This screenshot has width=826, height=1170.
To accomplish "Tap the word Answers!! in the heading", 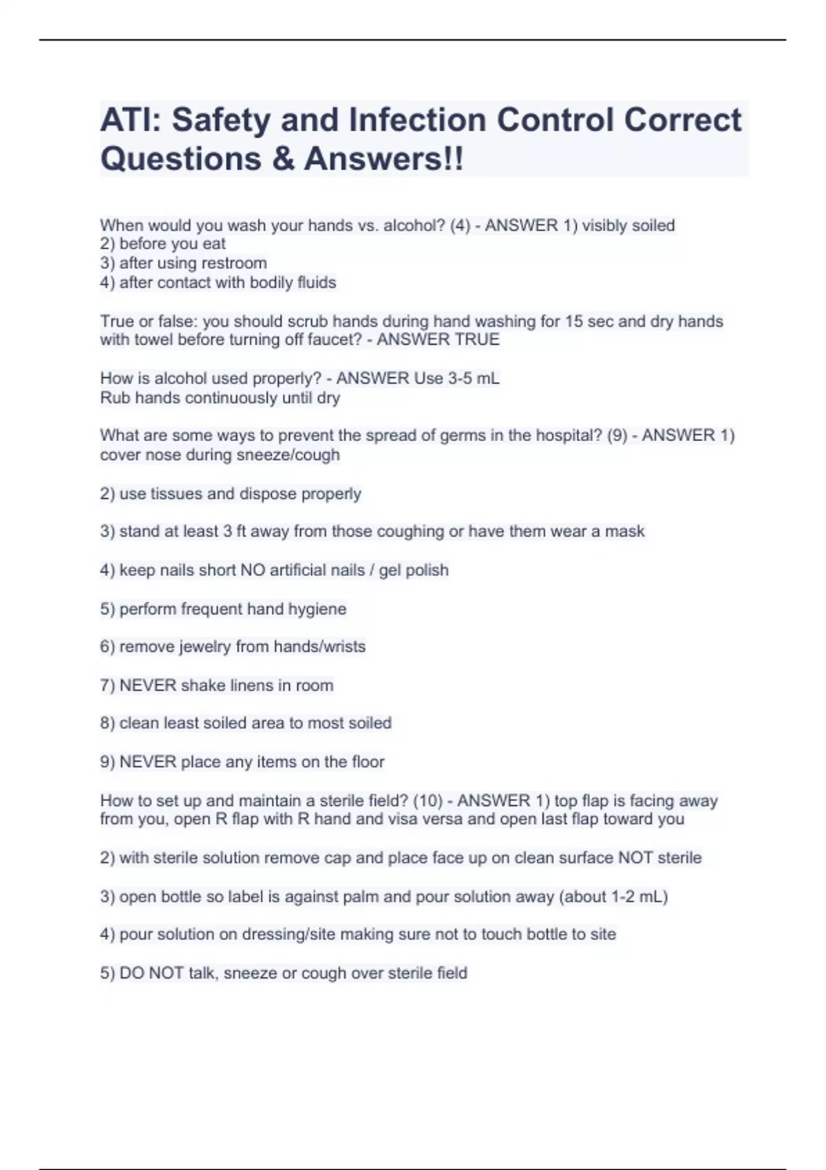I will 384,159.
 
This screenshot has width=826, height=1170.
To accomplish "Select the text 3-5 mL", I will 474,379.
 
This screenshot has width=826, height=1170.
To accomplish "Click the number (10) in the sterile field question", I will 427,800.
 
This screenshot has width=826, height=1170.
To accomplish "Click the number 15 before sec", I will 574,321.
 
